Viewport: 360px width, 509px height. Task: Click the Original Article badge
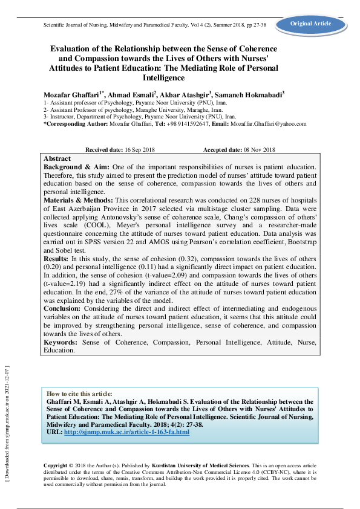click(311, 24)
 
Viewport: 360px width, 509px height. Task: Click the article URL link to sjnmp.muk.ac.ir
click(126, 432)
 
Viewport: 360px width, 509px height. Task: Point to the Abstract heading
click(57, 158)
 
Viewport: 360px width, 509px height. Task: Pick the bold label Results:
click(57, 258)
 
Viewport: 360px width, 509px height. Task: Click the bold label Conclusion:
click(65, 308)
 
